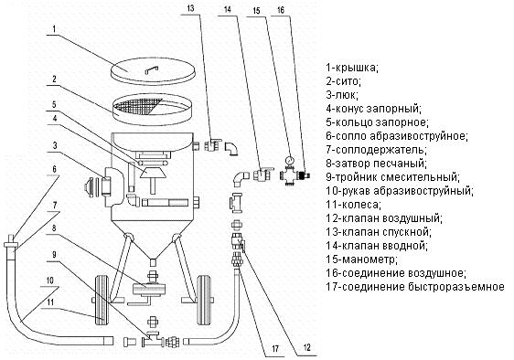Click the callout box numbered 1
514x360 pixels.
57,29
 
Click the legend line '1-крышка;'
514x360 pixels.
352,67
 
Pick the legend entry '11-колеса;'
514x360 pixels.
358,204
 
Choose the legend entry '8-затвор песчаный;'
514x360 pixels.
376,163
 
